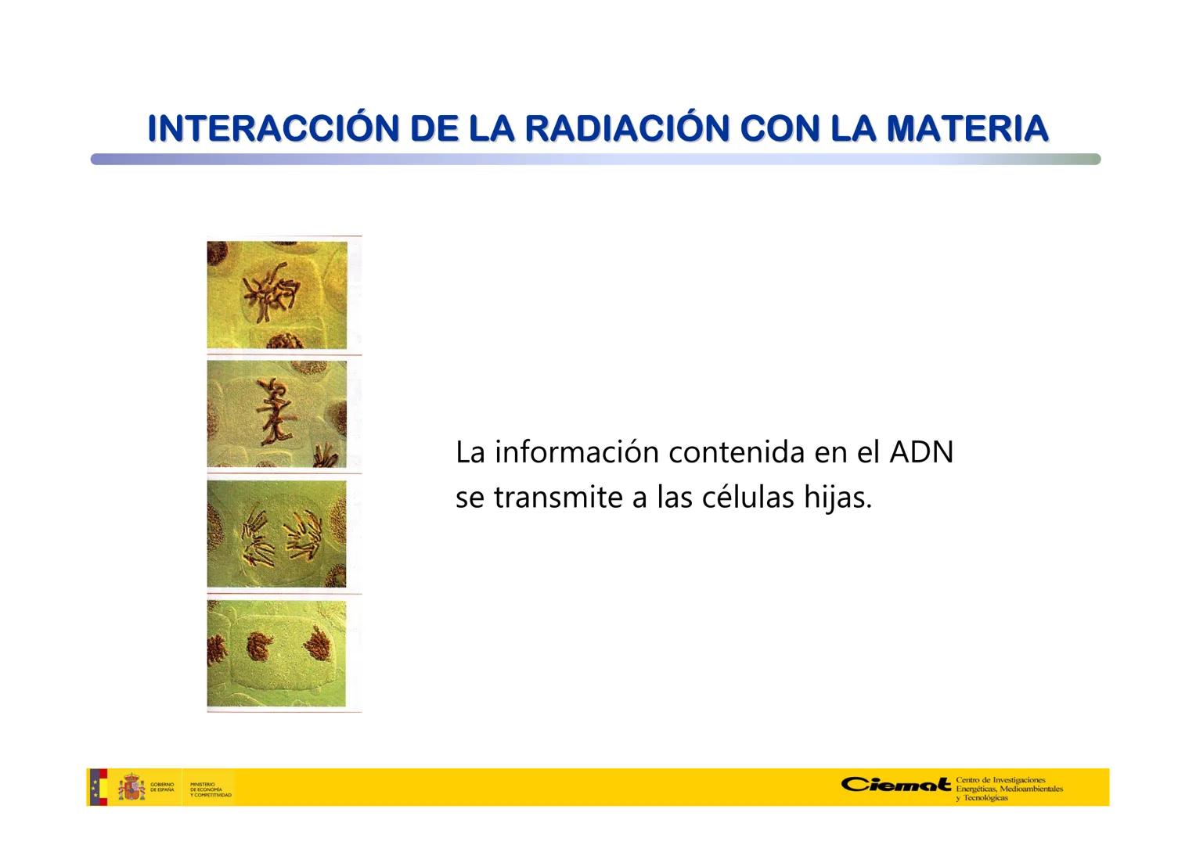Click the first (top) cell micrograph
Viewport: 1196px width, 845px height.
pos(276,295)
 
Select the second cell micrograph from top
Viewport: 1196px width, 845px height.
pos(276,414)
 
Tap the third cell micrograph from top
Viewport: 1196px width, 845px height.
pos(276,534)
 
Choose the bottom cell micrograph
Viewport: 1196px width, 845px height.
pos(276,653)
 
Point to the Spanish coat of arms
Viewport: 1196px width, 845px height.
pos(131,787)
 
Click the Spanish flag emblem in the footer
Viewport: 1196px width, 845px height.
pos(98,787)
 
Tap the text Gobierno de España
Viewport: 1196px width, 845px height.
pos(162,788)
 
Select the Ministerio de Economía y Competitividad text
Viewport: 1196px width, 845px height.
pos(211,789)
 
